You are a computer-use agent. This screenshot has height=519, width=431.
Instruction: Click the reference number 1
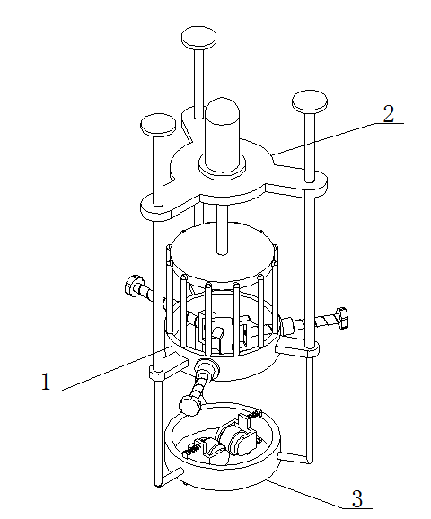45,381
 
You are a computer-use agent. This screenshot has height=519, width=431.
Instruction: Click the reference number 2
389,114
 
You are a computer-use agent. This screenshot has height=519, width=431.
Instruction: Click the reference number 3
357,498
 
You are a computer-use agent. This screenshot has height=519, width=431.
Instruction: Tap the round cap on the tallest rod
198,38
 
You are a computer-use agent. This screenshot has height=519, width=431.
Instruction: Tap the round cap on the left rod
158,126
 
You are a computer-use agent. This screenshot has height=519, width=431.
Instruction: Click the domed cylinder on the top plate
222,135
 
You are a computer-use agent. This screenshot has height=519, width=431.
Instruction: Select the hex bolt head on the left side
133,285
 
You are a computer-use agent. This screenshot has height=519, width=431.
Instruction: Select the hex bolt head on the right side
342,318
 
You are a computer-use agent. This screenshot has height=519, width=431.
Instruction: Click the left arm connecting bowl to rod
170,476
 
